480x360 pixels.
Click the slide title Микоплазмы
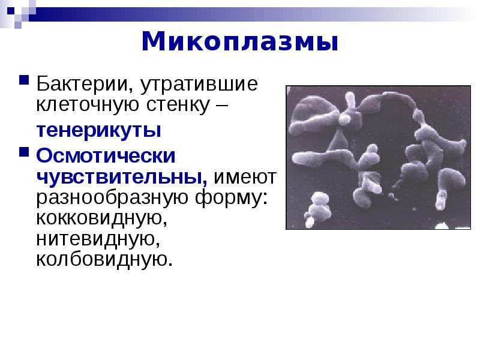tap(240, 41)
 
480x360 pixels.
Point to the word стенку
tap(178, 105)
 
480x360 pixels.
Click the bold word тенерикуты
tap(98, 131)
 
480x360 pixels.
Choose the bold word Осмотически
tap(106, 156)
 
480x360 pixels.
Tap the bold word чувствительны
tap(122, 177)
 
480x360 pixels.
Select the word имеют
tap(245, 178)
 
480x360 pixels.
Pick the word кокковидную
tap(101, 218)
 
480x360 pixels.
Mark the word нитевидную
tap(98, 239)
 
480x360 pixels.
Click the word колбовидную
tap(104, 260)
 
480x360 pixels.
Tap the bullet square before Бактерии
tap(24, 80)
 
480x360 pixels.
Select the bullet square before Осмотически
tap(24, 152)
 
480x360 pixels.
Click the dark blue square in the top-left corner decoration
tap(11, 11)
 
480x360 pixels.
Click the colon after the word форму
tap(265, 198)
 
